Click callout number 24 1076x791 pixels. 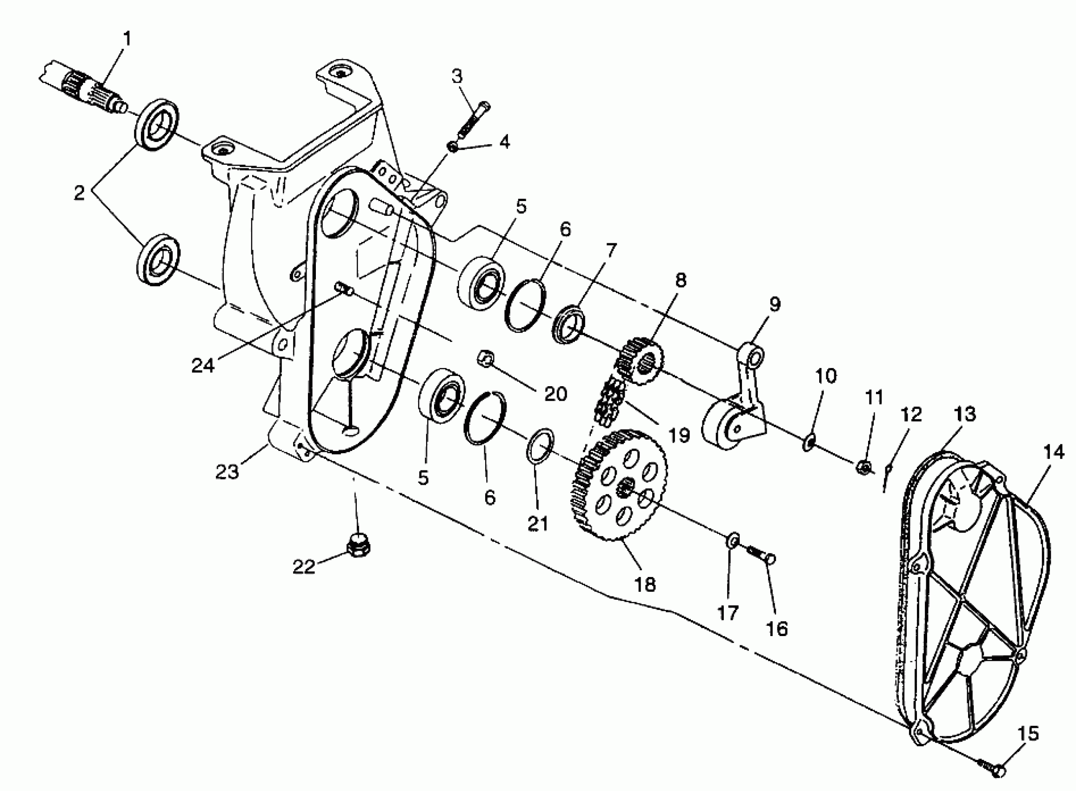tap(203, 366)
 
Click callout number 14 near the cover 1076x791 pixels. tap(1054, 451)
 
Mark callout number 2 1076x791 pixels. tap(79, 193)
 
